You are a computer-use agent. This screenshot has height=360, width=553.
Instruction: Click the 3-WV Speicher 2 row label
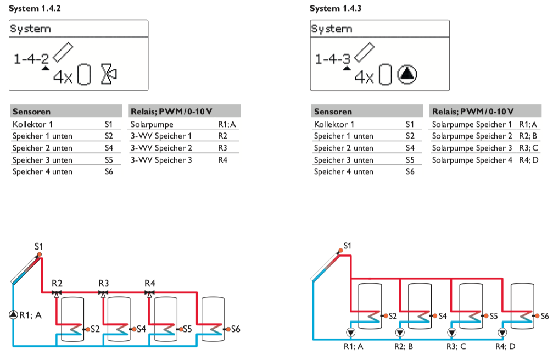coord(161,148)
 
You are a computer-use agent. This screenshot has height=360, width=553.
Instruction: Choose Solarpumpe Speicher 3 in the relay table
coord(472,148)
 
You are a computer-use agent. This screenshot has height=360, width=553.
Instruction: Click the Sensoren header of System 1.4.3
coord(333,112)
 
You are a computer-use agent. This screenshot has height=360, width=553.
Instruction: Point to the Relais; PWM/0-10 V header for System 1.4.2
coord(171,112)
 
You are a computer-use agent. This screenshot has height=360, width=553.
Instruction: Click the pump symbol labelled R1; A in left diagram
coord(13,314)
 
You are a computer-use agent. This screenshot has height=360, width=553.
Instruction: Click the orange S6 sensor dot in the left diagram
coord(226,329)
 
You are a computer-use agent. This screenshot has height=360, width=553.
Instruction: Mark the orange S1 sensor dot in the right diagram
coord(340,251)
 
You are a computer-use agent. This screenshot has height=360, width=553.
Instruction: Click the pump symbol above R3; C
coord(451,332)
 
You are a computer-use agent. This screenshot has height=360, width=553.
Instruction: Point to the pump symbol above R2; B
coord(399,332)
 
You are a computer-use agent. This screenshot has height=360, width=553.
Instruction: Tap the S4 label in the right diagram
coord(443,316)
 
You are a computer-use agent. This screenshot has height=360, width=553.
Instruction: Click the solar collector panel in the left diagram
coord(26,270)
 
